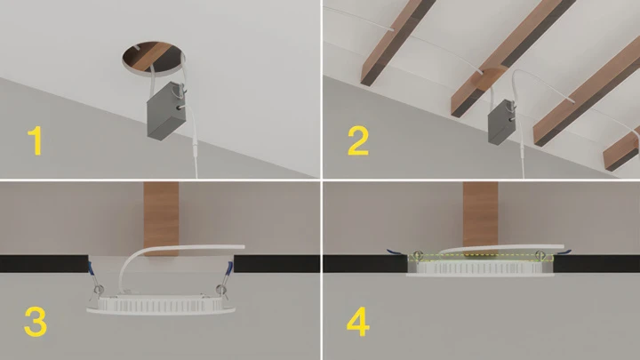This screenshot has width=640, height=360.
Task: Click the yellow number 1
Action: (36, 140)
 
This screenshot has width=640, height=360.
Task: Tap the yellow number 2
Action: (358, 140)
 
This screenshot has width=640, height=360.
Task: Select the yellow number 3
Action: (36, 322)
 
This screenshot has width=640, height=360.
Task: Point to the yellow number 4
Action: (358, 322)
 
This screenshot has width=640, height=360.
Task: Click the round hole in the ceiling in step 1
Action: (153, 59)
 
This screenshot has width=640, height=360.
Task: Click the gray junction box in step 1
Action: (166, 110)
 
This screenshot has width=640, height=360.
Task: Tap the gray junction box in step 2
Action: (501, 121)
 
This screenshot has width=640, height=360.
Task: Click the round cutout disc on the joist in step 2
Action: (492, 78)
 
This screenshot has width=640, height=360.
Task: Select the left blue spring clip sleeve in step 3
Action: (91, 268)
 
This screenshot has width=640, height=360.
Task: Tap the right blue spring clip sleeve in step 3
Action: (230, 268)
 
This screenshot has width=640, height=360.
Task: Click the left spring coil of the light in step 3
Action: (99, 290)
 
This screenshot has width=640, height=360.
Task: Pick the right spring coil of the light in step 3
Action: (221, 290)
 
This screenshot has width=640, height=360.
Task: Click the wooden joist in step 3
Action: (161, 220)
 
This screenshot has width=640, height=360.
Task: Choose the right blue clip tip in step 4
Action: (566, 252)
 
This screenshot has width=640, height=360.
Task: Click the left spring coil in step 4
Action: (417, 255)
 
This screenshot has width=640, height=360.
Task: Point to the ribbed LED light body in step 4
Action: (480, 268)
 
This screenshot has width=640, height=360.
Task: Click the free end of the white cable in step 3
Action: (244, 246)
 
